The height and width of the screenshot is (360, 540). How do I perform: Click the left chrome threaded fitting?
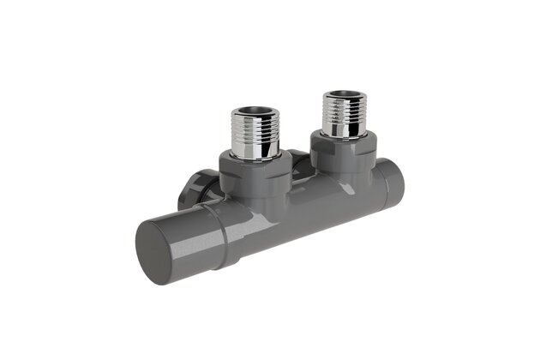[x=256, y=133]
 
